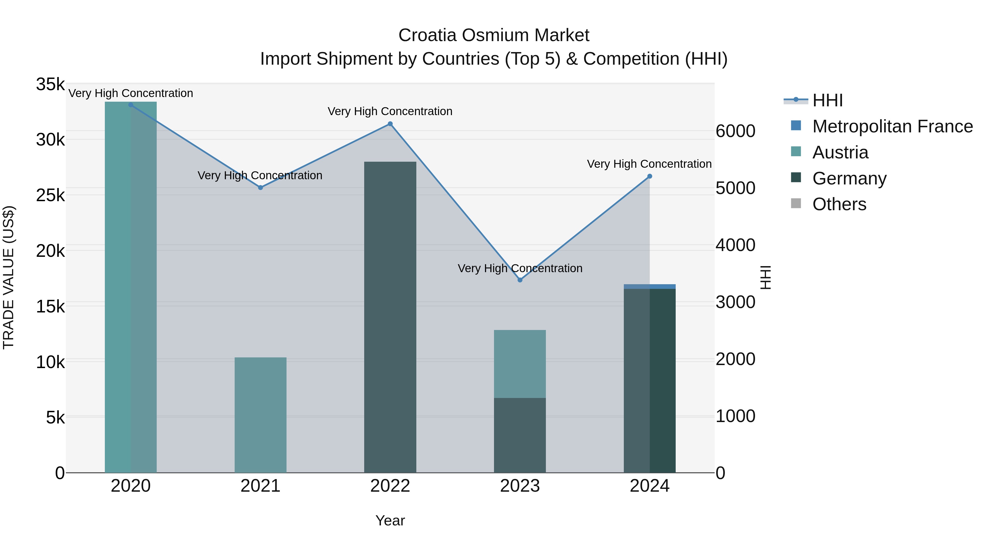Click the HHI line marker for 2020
(x=131, y=105)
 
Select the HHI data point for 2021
(x=260, y=188)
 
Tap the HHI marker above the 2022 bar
(x=390, y=124)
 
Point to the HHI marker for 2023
(x=520, y=280)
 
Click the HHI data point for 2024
(x=650, y=176)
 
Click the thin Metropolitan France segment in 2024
(x=650, y=286)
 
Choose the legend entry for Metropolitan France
(x=892, y=126)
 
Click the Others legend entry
(x=839, y=204)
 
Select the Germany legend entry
(x=849, y=178)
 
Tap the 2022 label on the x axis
(x=390, y=486)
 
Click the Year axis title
(x=390, y=520)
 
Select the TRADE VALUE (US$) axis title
(x=9, y=277)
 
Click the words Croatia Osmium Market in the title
(x=494, y=35)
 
